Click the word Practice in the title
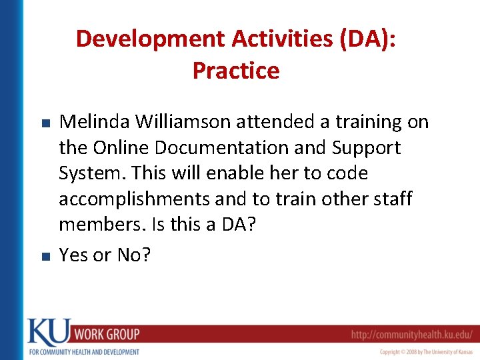(x=236, y=70)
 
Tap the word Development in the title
(x=151, y=39)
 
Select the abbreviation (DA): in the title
(x=367, y=39)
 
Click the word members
(x=100, y=225)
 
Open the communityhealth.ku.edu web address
(x=412, y=334)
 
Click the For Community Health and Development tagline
(x=83, y=352)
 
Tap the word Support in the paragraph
(x=366, y=147)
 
